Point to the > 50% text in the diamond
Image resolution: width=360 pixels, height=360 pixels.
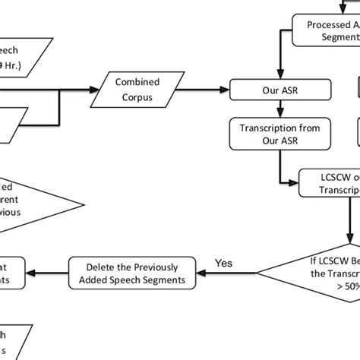coord(346,286)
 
